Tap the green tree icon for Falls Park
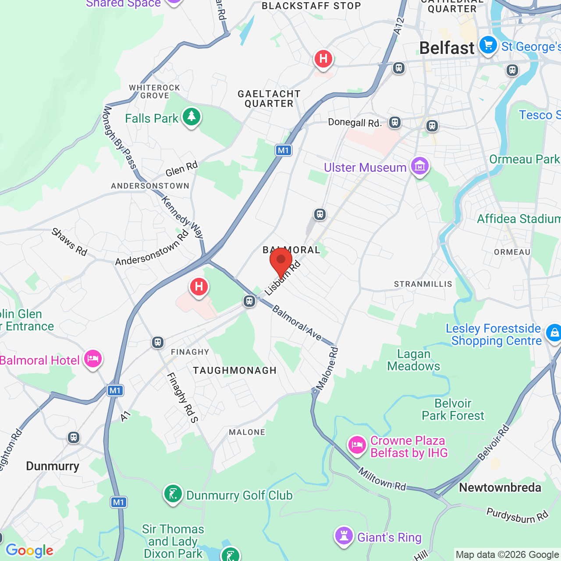[x=191, y=117]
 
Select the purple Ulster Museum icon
[x=420, y=167]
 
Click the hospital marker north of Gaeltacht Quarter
[x=323, y=59]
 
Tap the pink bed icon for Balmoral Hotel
[x=93, y=359]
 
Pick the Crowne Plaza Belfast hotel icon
[x=357, y=445]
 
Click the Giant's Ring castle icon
[x=344, y=536]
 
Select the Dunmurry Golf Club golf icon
[x=173, y=494]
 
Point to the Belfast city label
[x=447, y=48]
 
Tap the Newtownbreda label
[x=500, y=487]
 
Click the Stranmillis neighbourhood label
[x=423, y=284]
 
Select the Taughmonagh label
[x=234, y=370]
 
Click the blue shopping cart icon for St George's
[x=488, y=45]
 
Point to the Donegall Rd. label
[x=355, y=122]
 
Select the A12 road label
[x=399, y=26]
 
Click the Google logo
[x=29, y=550]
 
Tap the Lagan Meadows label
[x=413, y=360]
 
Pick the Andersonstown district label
[x=150, y=186]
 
